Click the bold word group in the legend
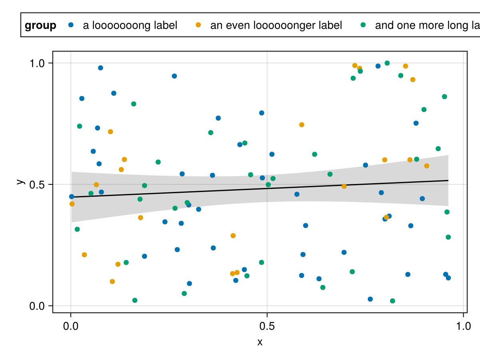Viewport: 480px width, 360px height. (x=40, y=26)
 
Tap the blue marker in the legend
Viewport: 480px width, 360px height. (x=71, y=25)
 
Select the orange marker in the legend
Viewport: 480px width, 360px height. (x=198, y=25)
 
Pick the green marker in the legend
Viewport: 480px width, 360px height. (x=363, y=25)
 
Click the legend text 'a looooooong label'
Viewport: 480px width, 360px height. (x=130, y=26)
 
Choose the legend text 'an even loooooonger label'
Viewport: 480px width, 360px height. (x=276, y=26)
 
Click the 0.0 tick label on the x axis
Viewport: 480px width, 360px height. (x=71, y=326)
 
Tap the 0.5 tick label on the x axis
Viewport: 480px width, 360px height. (x=267, y=326)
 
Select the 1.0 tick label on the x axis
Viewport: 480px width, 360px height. (x=463, y=326)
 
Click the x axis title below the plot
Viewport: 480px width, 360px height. (x=260, y=342)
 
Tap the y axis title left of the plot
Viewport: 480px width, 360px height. (x=19, y=182)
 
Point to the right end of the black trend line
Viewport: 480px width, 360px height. (x=448, y=181)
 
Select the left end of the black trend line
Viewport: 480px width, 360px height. (x=72, y=197)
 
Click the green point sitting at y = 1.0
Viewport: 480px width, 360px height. (x=387, y=63)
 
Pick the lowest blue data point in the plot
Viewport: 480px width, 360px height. (x=370, y=299)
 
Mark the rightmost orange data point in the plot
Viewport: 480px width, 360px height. (x=426, y=166)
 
